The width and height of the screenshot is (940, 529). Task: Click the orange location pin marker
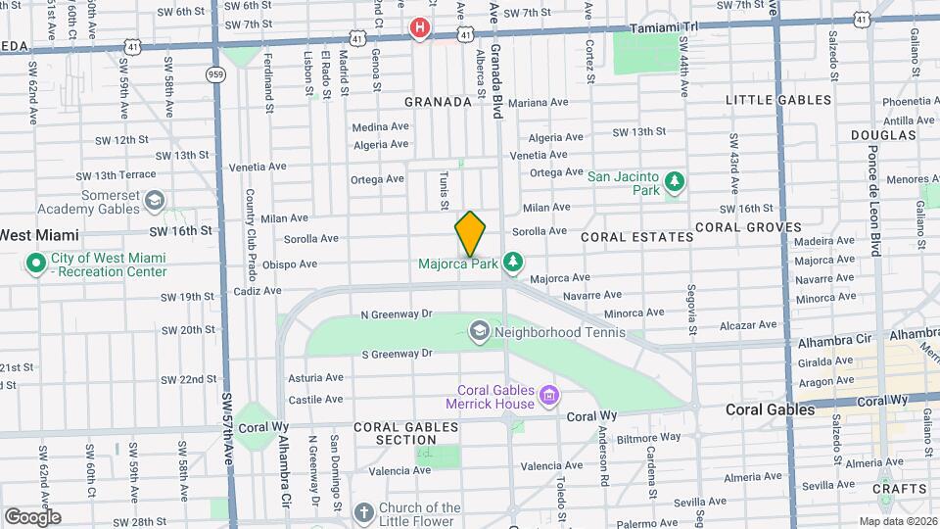[471, 234]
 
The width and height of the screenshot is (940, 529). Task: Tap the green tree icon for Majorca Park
[512, 263]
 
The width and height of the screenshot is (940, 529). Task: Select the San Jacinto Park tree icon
[674, 181]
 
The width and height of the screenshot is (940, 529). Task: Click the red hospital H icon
[420, 28]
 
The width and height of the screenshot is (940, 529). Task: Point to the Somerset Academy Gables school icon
[154, 201]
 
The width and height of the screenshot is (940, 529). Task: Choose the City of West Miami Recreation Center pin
[36, 264]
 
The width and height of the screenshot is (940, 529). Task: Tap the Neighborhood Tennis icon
[479, 331]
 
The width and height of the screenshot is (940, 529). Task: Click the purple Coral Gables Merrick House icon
[549, 396]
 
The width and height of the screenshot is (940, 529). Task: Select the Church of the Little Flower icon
[363, 513]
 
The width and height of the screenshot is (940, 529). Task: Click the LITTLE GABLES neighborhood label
[777, 100]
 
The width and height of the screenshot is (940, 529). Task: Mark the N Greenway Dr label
[396, 314]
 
